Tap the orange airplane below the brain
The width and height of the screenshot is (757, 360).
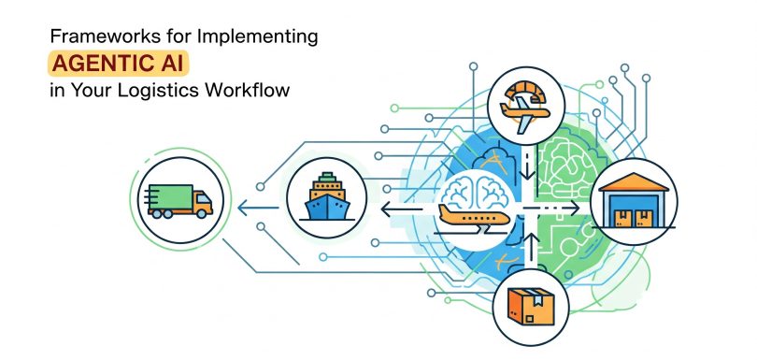coord(472,219)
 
